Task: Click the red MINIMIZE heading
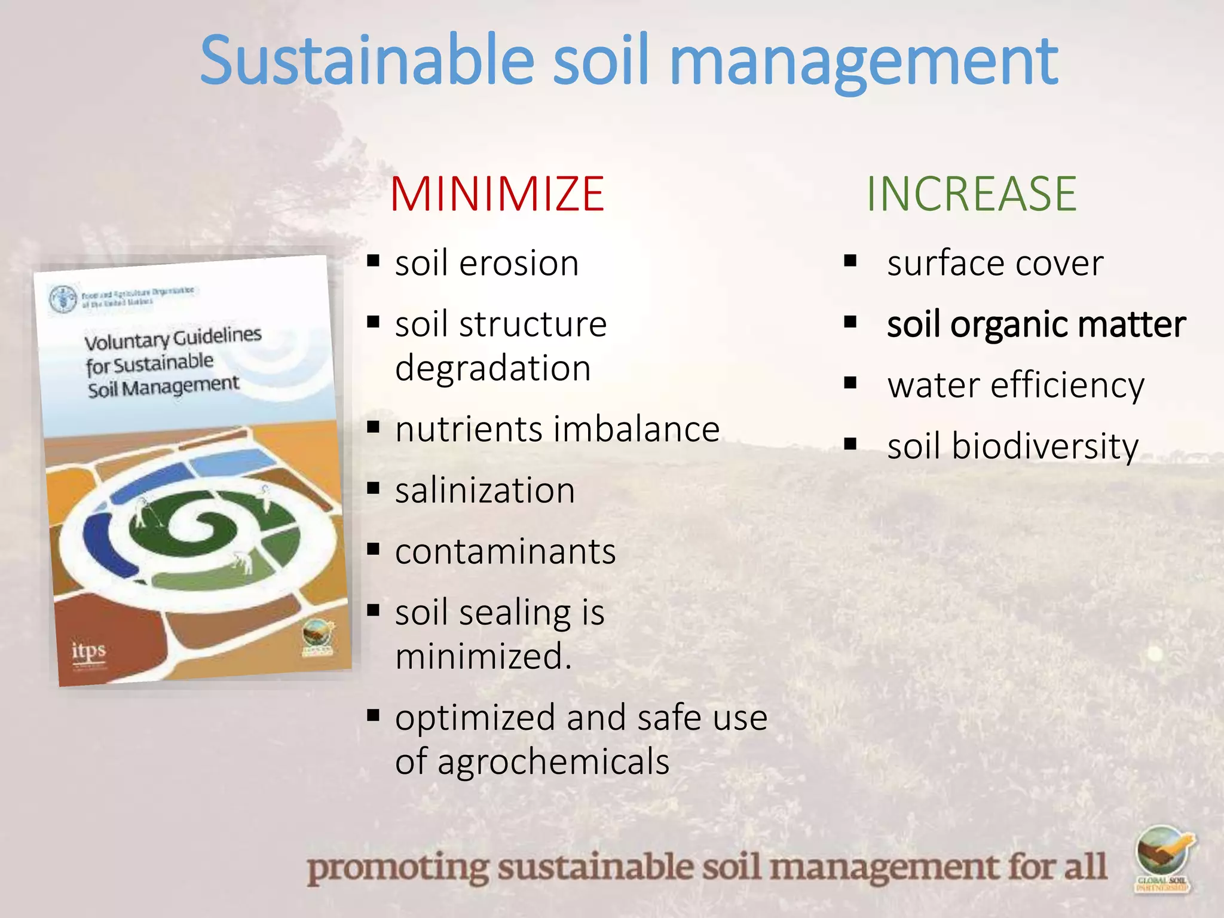point(497,194)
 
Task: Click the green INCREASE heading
point(971,194)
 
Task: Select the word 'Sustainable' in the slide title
point(366,61)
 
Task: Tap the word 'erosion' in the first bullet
point(519,264)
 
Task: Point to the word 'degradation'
point(493,368)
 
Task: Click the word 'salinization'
point(485,491)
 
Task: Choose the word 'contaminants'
point(505,552)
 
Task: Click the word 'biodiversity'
point(1045,447)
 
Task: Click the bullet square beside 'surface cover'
point(850,261)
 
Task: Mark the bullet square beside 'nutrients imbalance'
point(374,427)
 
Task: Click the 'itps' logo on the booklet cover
point(88,650)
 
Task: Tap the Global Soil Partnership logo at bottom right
point(1162,859)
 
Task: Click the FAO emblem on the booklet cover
point(63,298)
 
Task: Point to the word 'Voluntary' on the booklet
point(127,341)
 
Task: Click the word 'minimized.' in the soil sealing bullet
point(483,657)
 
